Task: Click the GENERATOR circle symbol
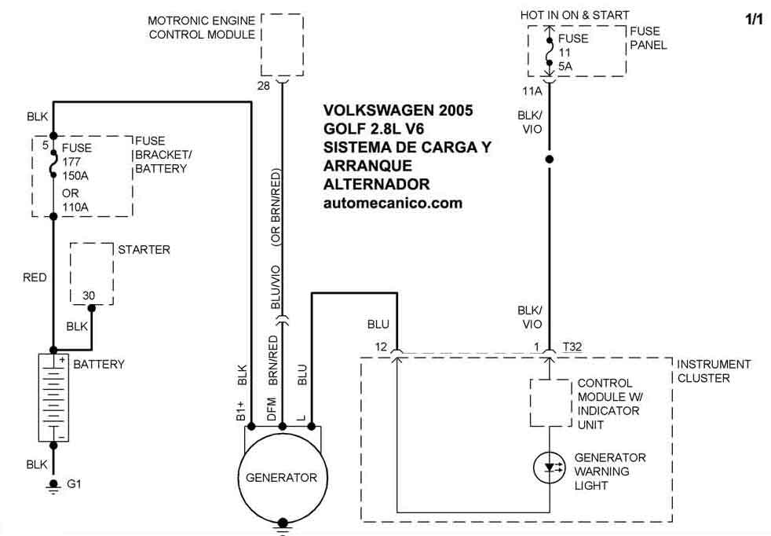pyautogui.click(x=281, y=478)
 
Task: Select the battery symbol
pyautogui.click(x=53, y=397)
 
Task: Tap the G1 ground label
pyautogui.click(x=74, y=484)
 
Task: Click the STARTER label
pyautogui.click(x=144, y=250)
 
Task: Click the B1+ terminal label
pyautogui.click(x=242, y=411)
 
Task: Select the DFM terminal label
pyautogui.click(x=272, y=409)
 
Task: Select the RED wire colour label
pyautogui.click(x=35, y=277)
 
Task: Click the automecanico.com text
pyautogui.click(x=393, y=203)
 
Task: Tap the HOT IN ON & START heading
pyautogui.click(x=574, y=15)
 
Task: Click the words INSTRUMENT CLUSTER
pyautogui.click(x=714, y=371)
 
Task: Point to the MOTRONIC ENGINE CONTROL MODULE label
pyautogui.click(x=201, y=27)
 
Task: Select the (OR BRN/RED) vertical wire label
pyautogui.click(x=276, y=211)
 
